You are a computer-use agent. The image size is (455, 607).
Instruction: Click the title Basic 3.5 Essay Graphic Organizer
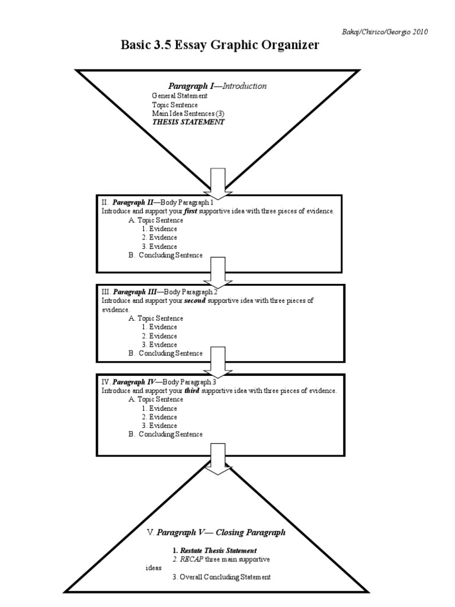(x=220, y=45)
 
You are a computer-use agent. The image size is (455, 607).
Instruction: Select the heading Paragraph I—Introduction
(x=217, y=86)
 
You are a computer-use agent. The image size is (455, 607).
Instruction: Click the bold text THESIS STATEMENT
(x=188, y=122)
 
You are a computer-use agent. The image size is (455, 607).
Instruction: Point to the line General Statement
(x=180, y=95)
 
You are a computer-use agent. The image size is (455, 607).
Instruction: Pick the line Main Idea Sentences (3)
(x=188, y=113)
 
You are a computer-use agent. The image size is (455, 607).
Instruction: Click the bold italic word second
(x=196, y=301)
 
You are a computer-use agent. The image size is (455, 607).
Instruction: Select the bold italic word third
(x=193, y=391)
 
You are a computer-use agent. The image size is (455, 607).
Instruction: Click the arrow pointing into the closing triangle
(x=218, y=459)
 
